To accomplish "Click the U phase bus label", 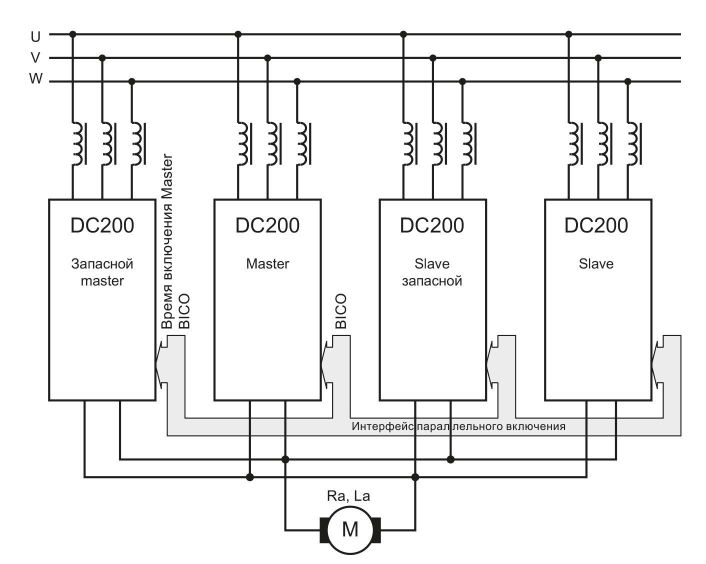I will [x=35, y=36].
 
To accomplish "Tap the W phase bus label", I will [x=35, y=79].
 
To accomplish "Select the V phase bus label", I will [x=35, y=58].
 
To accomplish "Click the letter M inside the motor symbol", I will [x=350, y=529].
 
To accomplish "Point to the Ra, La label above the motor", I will [x=348, y=496].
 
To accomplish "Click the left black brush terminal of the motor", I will [x=324, y=529].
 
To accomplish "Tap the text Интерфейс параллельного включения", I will [x=458, y=426].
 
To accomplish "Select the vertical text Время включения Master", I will [x=167, y=241].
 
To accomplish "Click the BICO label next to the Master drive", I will [x=340, y=311].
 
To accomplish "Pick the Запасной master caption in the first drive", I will [x=102, y=272].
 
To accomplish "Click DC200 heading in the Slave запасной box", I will [x=432, y=225].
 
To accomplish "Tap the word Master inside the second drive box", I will [x=267, y=263].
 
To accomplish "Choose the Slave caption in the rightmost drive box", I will [x=596, y=263].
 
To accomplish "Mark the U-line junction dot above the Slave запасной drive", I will [x=403, y=34].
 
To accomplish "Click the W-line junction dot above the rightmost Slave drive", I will [x=628, y=81].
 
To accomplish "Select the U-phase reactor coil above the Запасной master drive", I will [x=76, y=143].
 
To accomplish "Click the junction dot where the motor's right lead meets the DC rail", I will [x=415, y=477].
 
